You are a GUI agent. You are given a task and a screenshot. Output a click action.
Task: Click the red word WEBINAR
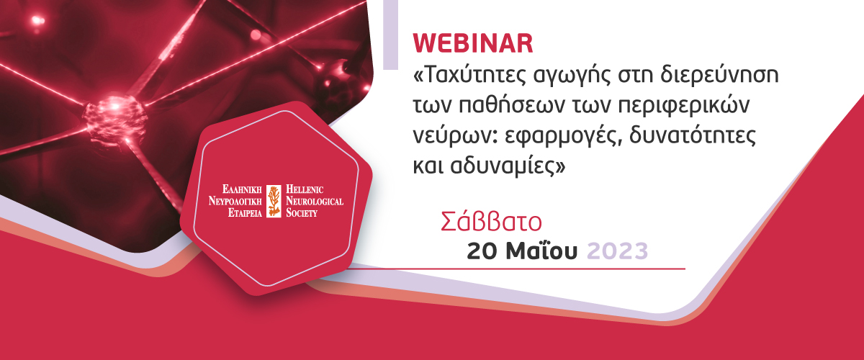(x=473, y=43)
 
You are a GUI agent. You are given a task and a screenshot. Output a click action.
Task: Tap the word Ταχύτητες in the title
(x=469, y=76)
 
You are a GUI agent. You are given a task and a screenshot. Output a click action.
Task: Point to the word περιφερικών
(x=684, y=106)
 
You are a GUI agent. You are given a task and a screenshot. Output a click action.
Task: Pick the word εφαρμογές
(x=563, y=137)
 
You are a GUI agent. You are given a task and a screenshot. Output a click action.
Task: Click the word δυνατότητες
(x=693, y=135)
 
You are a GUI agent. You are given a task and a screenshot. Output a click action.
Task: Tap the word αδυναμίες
(x=503, y=166)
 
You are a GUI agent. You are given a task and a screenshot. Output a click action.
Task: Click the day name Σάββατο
(x=491, y=222)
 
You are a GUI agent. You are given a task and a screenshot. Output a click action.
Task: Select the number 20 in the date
(x=482, y=251)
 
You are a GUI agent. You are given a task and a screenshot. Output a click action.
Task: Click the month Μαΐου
(x=541, y=251)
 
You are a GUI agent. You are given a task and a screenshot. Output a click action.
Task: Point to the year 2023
(x=617, y=251)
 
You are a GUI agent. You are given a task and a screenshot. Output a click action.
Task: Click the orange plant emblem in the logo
(x=274, y=201)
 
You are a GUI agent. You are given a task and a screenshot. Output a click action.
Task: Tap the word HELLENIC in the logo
(x=305, y=189)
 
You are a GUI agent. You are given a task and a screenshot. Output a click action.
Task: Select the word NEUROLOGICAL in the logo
(x=315, y=201)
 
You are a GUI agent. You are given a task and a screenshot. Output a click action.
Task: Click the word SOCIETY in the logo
(x=302, y=213)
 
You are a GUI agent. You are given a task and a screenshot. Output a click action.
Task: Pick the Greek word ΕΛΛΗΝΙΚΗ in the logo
(x=242, y=189)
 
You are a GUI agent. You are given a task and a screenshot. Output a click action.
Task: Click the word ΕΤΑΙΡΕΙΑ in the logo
(x=245, y=213)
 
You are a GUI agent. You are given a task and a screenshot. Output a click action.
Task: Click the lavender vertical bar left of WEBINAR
(x=390, y=35)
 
